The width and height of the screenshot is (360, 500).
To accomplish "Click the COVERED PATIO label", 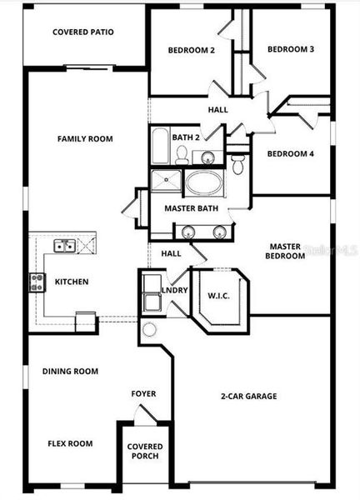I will (x=82, y=32).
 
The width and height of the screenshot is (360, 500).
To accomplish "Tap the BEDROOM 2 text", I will (x=192, y=50).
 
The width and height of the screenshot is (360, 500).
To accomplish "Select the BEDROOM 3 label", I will (x=290, y=49).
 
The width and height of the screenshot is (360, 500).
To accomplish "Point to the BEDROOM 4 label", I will (x=290, y=153).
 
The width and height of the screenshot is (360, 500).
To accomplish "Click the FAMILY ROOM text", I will (x=84, y=139).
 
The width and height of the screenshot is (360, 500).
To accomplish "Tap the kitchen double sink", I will (x=64, y=246).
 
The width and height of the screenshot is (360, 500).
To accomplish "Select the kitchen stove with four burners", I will (x=37, y=282).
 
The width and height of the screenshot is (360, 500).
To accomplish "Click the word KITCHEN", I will (x=72, y=282).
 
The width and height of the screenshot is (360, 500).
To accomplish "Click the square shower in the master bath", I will (x=165, y=182).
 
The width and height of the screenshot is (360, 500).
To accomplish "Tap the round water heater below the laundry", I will (x=150, y=329).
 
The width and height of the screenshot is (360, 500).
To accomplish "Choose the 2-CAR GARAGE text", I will (x=249, y=396).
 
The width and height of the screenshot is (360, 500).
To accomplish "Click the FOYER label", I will (x=143, y=393).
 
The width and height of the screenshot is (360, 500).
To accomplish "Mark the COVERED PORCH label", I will (x=144, y=452).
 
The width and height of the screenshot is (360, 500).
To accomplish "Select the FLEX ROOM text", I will (x=70, y=443).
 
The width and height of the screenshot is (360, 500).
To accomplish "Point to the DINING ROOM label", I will (x=70, y=372).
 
